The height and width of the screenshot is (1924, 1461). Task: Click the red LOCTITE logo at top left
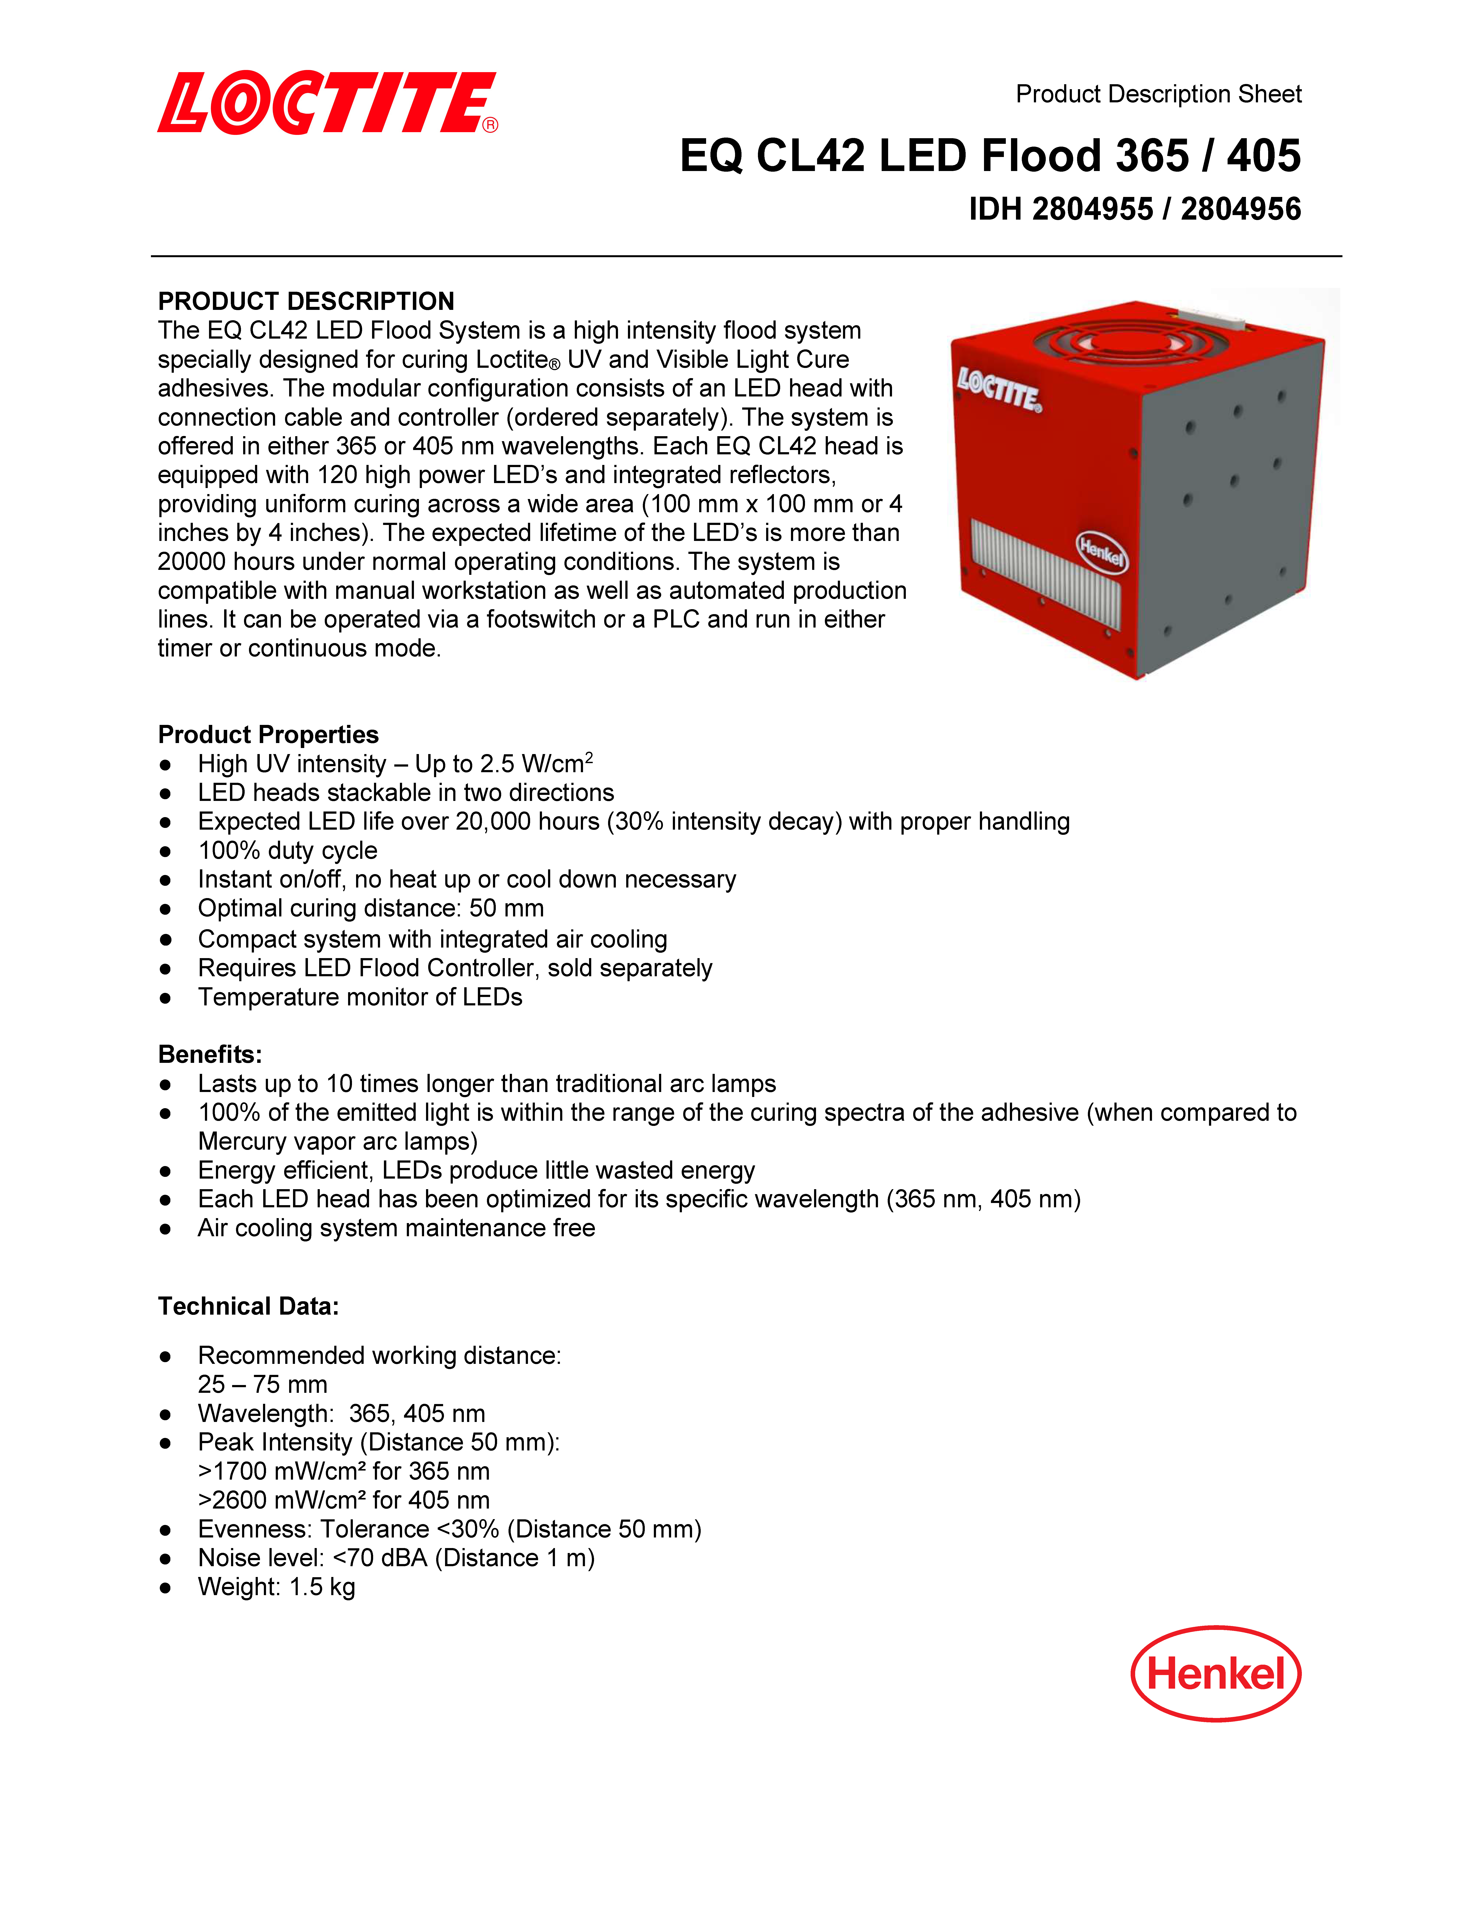coord(327,103)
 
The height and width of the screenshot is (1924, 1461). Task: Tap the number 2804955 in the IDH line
coord(1092,210)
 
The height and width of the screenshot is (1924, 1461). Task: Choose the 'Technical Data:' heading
coord(248,1306)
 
